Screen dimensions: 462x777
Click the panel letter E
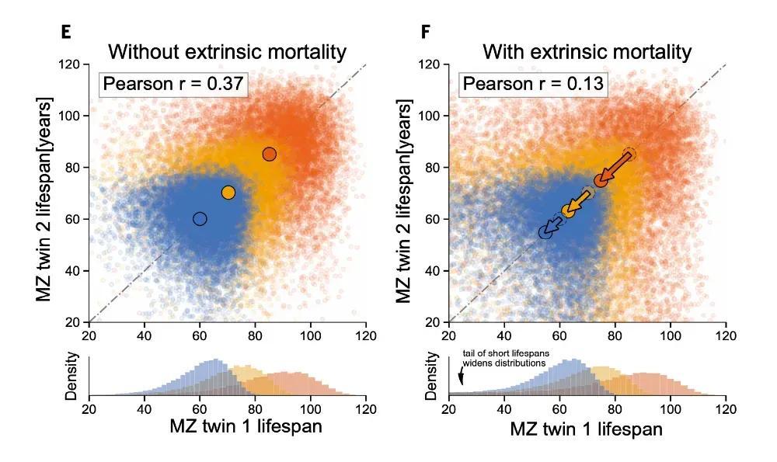[x=66, y=32]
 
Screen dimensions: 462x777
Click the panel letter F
[x=425, y=32]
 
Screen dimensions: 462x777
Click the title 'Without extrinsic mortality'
[x=227, y=53]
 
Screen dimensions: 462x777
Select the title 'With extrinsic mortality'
[x=587, y=53]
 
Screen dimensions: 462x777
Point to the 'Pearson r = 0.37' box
[x=172, y=83]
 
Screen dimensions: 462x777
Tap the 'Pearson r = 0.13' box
[x=532, y=83]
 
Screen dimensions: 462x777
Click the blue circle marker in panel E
[x=200, y=219]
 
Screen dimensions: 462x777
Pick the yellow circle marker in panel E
[x=228, y=193]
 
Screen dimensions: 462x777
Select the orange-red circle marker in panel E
[x=269, y=154]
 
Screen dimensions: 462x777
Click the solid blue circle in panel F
[x=545, y=232]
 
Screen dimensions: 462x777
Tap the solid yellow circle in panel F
[x=568, y=210]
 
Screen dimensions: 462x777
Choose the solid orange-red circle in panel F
[x=601, y=180]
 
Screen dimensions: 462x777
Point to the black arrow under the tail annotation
[x=461, y=377]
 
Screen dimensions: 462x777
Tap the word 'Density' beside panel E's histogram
[x=70, y=378]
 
